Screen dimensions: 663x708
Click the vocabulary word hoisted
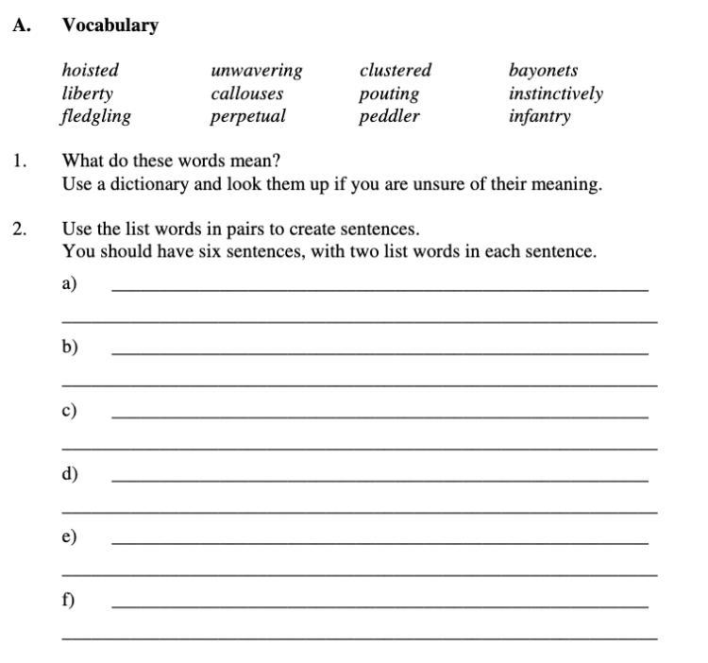pos(91,71)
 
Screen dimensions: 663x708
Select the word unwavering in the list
pos(257,71)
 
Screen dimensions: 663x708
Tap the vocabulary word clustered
pos(395,71)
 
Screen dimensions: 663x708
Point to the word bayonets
pos(543,71)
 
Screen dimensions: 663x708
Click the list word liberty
pos(87,93)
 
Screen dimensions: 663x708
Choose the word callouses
pos(246,93)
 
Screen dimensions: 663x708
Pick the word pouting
pos(388,93)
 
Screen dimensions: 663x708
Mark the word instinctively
pos(555,93)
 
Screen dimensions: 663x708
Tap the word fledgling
pos(96,117)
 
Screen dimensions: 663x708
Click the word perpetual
pos(247,117)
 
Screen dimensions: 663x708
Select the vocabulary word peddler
pos(388,117)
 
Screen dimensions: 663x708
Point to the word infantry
pos(539,117)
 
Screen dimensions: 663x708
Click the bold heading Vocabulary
pos(110,25)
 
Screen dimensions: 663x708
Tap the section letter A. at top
pos(22,25)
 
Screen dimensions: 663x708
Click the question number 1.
pos(20,161)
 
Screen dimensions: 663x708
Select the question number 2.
pos(20,229)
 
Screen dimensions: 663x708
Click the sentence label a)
pos(69,283)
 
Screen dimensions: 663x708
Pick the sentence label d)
pos(70,473)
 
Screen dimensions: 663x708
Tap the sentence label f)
pos(69,600)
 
